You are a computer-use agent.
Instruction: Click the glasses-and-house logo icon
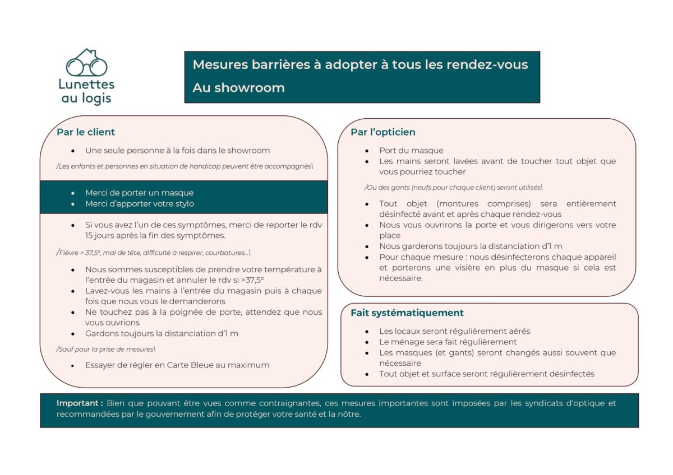86,62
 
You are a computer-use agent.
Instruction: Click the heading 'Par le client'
86,132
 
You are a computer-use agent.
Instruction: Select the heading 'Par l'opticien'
383,132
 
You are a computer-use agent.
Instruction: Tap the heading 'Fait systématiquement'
407,313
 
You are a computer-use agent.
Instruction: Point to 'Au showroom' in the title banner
238,88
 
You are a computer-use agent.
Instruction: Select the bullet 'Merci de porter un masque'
139,193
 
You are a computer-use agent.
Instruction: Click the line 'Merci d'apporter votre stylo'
140,204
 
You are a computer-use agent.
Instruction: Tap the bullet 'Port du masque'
411,151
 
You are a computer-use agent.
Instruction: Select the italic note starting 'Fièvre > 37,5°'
154,253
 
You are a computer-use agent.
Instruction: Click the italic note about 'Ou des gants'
453,187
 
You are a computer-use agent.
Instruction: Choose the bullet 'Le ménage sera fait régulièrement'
448,342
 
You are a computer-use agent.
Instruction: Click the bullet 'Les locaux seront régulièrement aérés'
454,332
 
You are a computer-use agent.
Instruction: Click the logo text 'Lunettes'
86,85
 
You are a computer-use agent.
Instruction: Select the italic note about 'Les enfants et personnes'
185,166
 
